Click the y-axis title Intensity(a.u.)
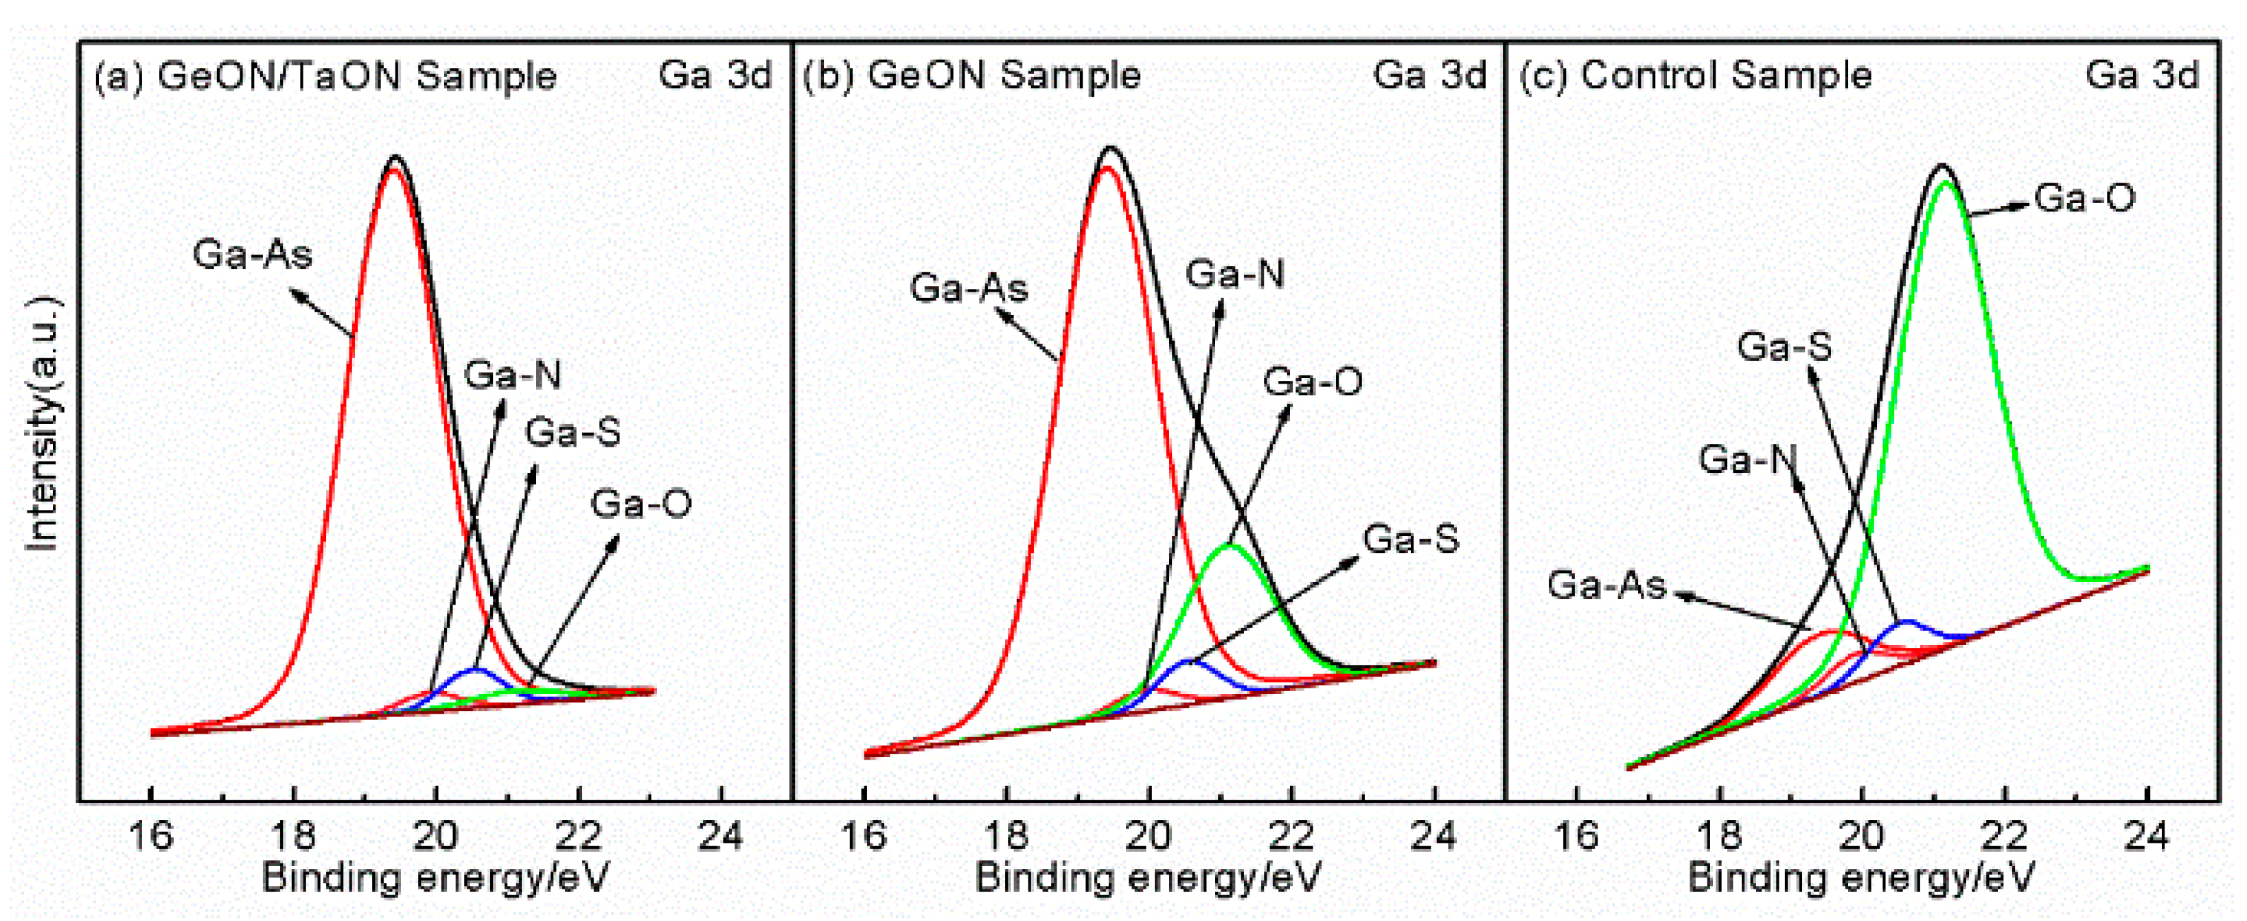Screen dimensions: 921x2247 [x=42, y=425]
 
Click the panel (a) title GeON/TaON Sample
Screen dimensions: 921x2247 [x=325, y=77]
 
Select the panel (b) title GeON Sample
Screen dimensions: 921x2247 [x=971, y=76]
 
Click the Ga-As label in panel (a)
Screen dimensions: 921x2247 [x=252, y=255]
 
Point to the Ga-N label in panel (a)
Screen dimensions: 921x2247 [x=512, y=375]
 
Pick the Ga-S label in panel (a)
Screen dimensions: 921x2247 [x=573, y=432]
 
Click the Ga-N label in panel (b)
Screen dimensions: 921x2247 [x=1234, y=275]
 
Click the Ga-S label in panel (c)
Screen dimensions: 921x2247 [x=1784, y=347]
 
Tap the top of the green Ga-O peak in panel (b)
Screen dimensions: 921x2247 [x=1230, y=546]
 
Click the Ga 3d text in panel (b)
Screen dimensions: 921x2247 [x=1429, y=76]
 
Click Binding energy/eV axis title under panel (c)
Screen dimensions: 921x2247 [x=1860, y=876]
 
